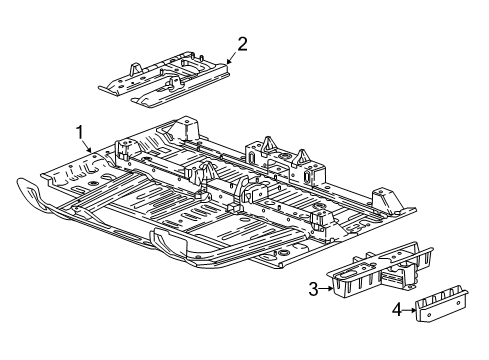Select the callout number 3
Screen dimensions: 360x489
tap(313, 289)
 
